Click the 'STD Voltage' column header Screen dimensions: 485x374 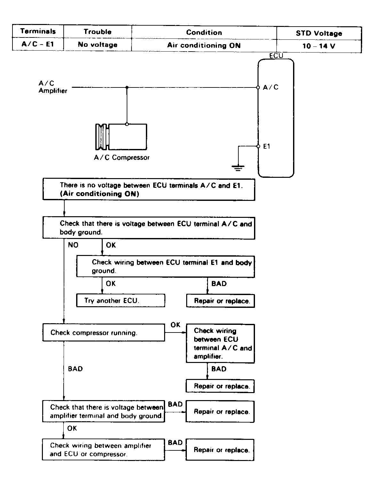coord(319,33)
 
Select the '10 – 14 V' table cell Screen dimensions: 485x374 coord(319,46)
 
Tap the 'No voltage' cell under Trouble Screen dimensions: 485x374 coord(98,45)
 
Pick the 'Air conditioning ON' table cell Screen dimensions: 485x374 coord(204,45)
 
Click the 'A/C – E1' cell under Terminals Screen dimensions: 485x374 coord(38,44)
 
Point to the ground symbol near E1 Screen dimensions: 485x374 coord(238,167)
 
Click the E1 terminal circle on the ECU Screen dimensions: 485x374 coord(258,146)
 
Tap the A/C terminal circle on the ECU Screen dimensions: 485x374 coord(258,87)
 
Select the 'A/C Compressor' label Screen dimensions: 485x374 coord(122,158)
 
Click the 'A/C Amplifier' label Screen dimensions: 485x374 coord(53,87)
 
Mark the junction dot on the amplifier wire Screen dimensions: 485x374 coord(127,87)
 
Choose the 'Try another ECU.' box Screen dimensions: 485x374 coord(121,300)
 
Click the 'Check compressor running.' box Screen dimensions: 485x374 coord(104,333)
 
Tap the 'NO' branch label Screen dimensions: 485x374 coord(73,245)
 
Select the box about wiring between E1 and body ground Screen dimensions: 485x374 coord(165,266)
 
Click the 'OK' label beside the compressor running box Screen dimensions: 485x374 coord(175,325)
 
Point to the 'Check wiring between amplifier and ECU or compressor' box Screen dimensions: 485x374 coord(103,450)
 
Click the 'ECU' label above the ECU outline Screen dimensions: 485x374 coord(276,56)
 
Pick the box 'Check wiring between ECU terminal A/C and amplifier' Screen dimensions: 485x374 coord(220,343)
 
